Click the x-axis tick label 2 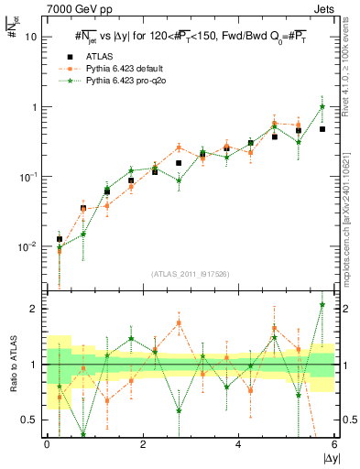143,444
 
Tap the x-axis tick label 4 239,444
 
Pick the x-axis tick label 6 334,444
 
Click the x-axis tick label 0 47,444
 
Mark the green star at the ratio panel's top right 322,305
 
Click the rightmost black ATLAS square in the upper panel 322,129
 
